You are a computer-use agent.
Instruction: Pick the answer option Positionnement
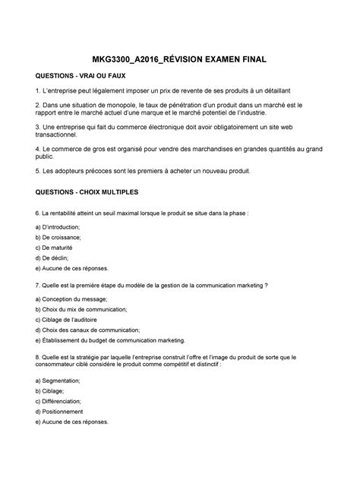(x=69, y=411)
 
